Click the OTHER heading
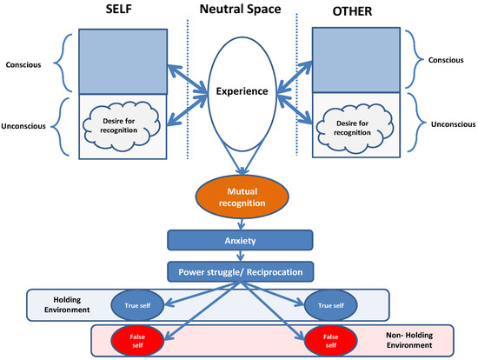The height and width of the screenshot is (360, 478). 352,13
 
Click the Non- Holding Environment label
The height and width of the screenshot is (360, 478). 408,340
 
